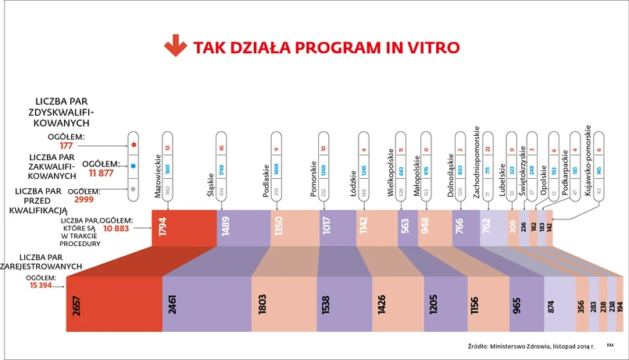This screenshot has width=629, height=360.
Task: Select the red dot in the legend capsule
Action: pyautogui.click(x=134, y=144)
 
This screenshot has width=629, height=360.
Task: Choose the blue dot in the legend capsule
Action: pyautogui.click(x=134, y=166)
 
